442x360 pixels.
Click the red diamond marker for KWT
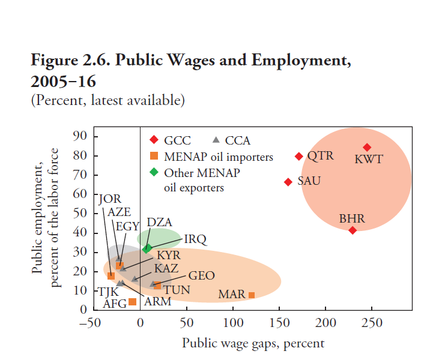tap(367, 148)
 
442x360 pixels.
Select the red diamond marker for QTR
tap(299, 157)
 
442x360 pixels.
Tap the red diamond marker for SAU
tap(288, 182)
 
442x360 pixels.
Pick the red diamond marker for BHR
tap(353, 230)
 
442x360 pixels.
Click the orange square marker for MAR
tap(252, 295)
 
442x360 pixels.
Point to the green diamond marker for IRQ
tap(147, 248)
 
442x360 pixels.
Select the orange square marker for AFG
tap(133, 302)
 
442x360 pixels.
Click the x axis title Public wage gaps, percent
tap(253, 343)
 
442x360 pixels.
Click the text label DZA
tap(159, 223)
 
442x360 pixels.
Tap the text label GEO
tap(201, 276)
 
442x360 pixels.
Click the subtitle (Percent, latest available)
tap(107, 100)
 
